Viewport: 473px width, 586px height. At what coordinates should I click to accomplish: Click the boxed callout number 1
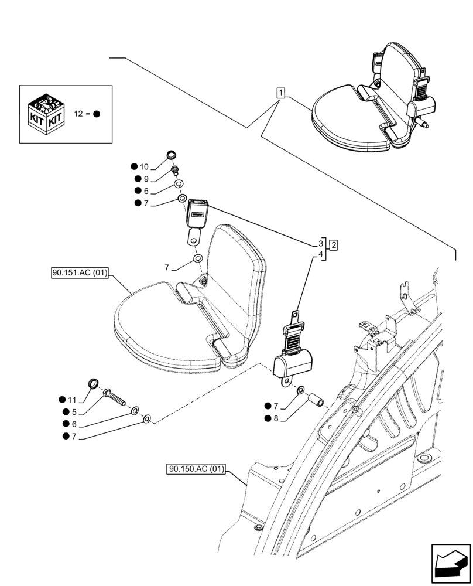tap(282, 93)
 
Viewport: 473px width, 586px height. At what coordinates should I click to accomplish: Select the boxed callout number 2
tap(333, 245)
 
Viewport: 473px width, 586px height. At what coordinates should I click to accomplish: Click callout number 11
tap(72, 400)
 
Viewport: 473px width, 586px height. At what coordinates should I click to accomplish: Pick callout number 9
tap(146, 179)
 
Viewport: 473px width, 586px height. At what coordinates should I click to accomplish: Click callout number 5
tap(74, 412)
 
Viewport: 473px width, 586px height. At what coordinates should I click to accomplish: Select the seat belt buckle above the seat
tap(198, 213)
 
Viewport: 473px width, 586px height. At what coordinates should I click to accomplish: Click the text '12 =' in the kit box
tap(82, 114)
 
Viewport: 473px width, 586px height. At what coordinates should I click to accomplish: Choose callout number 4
tap(321, 254)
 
